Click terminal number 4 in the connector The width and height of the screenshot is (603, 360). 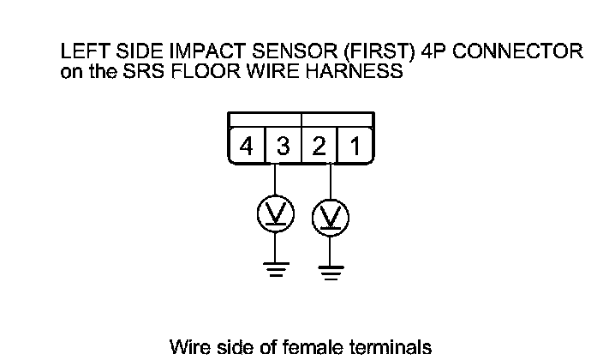pyautogui.click(x=247, y=147)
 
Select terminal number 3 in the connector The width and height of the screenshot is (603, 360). pyautogui.click(x=283, y=147)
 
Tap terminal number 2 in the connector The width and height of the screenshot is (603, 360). pyautogui.click(x=319, y=147)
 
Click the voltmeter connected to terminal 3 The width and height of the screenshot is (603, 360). pyautogui.click(x=275, y=212)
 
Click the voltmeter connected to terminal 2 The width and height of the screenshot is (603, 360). pyautogui.click(x=330, y=219)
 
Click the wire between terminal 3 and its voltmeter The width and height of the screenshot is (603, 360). pyautogui.click(x=275, y=180)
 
